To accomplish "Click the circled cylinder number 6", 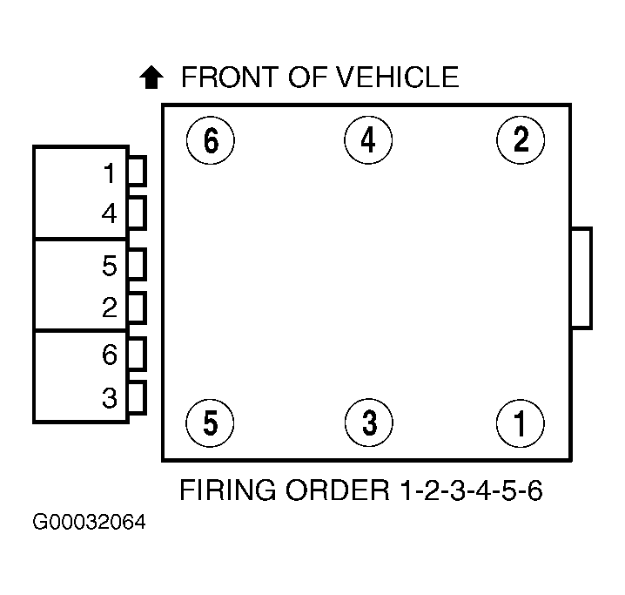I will pyautogui.click(x=211, y=140).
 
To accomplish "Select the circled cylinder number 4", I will pyautogui.click(x=368, y=140).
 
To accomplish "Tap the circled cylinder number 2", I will pyautogui.click(x=521, y=140).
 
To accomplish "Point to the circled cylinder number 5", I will pyautogui.click(x=211, y=423).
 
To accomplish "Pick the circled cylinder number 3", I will pyautogui.click(x=368, y=423).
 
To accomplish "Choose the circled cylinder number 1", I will pyautogui.click(x=521, y=423).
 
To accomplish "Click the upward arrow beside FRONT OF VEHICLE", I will pyautogui.click(x=151, y=78).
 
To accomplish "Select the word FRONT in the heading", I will pyautogui.click(x=222, y=78).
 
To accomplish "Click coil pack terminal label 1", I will pyautogui.click(x=109, y=174).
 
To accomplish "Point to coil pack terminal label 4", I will pyautogui.click(x=109, y=213).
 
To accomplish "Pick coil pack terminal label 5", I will pyautogui.click(x=109, y=266).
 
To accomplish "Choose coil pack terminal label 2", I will pyautogui.click(x=109, y=307).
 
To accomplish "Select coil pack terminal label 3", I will pyautogui.click(x=109, y=398).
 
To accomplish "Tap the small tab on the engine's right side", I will pyautogui.click(x=581, y=278).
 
